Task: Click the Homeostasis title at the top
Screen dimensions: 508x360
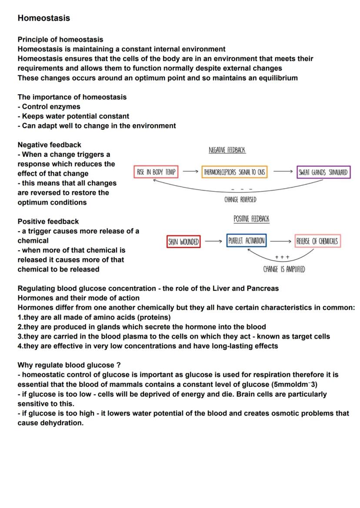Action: coord(43,18)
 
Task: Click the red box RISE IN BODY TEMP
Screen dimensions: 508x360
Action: coord(156,172)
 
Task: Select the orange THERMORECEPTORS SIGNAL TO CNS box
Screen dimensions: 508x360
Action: coord(235,172)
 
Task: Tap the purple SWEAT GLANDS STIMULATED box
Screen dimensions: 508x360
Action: coord(324,172)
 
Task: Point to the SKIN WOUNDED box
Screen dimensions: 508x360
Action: coord(183,241)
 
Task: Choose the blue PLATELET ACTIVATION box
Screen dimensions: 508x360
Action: coord(247,241)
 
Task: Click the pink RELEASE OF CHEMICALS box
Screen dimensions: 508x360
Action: coord(317,241)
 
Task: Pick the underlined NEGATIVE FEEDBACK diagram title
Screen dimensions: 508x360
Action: coord(227,150)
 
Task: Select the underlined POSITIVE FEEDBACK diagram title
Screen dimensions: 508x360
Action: coord(251,219)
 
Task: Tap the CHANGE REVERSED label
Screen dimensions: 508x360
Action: coord(240,199)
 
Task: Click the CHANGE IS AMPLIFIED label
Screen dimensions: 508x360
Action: coord(284,269)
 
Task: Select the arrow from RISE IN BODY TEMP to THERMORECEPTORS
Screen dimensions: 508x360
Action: coord(190,172)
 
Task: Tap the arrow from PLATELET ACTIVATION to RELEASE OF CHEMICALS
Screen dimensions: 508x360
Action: coord(280,241)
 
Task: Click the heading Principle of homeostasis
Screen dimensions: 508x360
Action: coord(60,40)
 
